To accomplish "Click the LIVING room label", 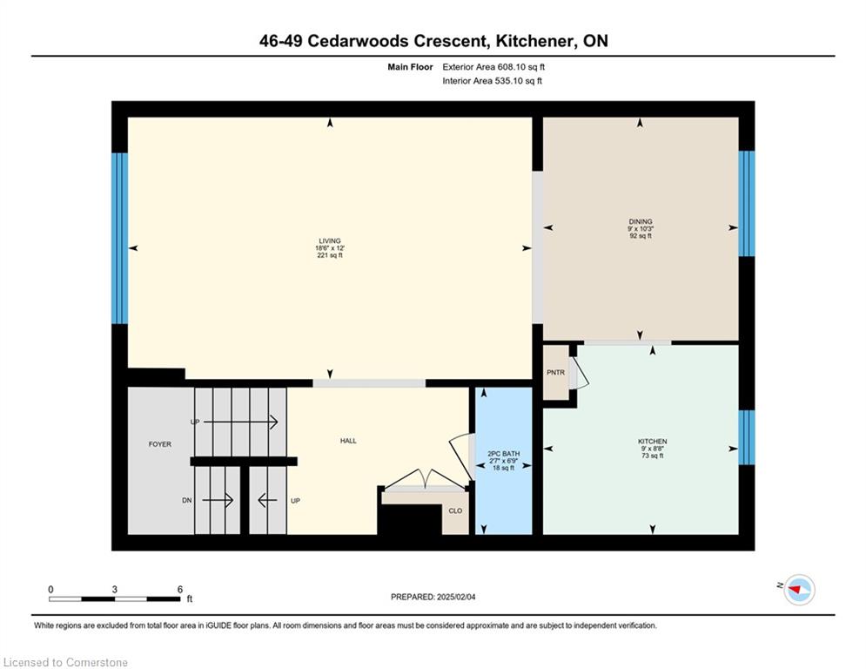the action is (330, 241).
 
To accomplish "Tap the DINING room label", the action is (641, 222).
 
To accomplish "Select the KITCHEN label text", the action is (652, 441).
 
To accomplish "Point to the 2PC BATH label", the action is (503, 453).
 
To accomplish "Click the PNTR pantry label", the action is (555, 373).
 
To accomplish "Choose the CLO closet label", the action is (455, 510).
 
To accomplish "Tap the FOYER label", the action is (160, 444).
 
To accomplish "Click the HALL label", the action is (348, 441).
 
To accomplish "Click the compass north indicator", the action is (799, 590).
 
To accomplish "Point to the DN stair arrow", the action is (218, 500).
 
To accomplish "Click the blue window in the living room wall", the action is (120, 239).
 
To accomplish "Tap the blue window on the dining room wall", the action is (747, 204).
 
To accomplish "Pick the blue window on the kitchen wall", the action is (747, 437).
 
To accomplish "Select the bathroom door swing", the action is (461, 457).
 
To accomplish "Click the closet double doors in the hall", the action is (425, 479).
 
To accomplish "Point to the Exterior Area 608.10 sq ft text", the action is (493, 67).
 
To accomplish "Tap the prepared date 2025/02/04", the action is (456, 597).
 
